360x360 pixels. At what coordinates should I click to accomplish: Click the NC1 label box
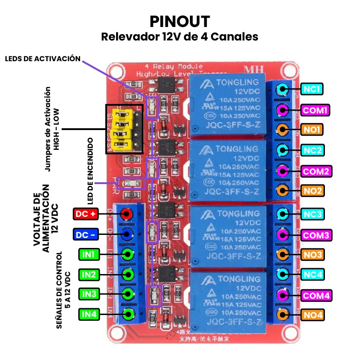pos(311,89)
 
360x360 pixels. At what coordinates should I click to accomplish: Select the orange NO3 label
pos(311,255)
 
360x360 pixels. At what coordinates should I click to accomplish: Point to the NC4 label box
pos(311,274)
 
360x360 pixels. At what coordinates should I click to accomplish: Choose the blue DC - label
pos(85,234)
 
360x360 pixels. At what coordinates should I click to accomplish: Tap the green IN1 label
pos(88,255)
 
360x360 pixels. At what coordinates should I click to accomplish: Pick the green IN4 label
pos(88,314)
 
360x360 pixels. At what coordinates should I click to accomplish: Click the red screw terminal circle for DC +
pos(127,214)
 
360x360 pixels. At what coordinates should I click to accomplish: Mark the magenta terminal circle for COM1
pos(282,109)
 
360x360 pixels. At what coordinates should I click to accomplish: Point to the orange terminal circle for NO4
pos(282,315)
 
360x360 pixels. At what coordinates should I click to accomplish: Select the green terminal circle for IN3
pos(129,294)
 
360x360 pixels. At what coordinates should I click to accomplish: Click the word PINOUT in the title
pos(180,21)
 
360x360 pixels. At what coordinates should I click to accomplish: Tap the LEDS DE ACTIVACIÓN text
pos(43,58)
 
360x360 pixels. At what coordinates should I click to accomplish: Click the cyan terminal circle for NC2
pos(282,149)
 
